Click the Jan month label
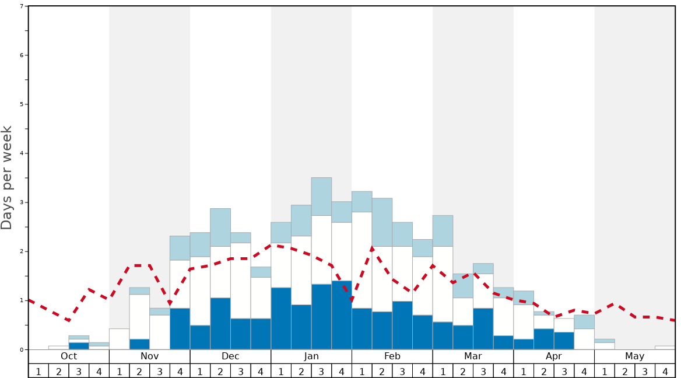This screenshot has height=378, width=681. point(311,356)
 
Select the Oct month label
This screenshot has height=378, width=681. point(69,356)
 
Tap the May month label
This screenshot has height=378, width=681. point(635,356)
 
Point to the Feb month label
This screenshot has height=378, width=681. point(392,356)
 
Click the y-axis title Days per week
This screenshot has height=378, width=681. point(7,178)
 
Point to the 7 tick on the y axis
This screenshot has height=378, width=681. point(22,6)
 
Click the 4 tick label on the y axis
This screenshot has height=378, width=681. point(22,153)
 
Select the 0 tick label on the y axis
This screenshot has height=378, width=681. point(22,349)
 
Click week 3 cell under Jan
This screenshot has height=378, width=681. point(321,371)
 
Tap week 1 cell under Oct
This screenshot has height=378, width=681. point(38,371)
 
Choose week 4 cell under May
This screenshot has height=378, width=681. point(665,371)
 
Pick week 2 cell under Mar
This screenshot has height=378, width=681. point(463,371)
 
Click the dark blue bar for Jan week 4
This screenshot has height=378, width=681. point(342,315)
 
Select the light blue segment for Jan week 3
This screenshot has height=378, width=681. point(321,197)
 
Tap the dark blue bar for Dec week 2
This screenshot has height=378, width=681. point(220,324)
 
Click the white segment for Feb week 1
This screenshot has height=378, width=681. point(362,260)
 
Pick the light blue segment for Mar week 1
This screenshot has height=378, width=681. point(443,231)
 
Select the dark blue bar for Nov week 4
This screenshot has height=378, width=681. point(180,328)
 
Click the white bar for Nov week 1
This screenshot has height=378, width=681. point(120,339)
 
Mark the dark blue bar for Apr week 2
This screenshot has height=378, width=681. point(544,339)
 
